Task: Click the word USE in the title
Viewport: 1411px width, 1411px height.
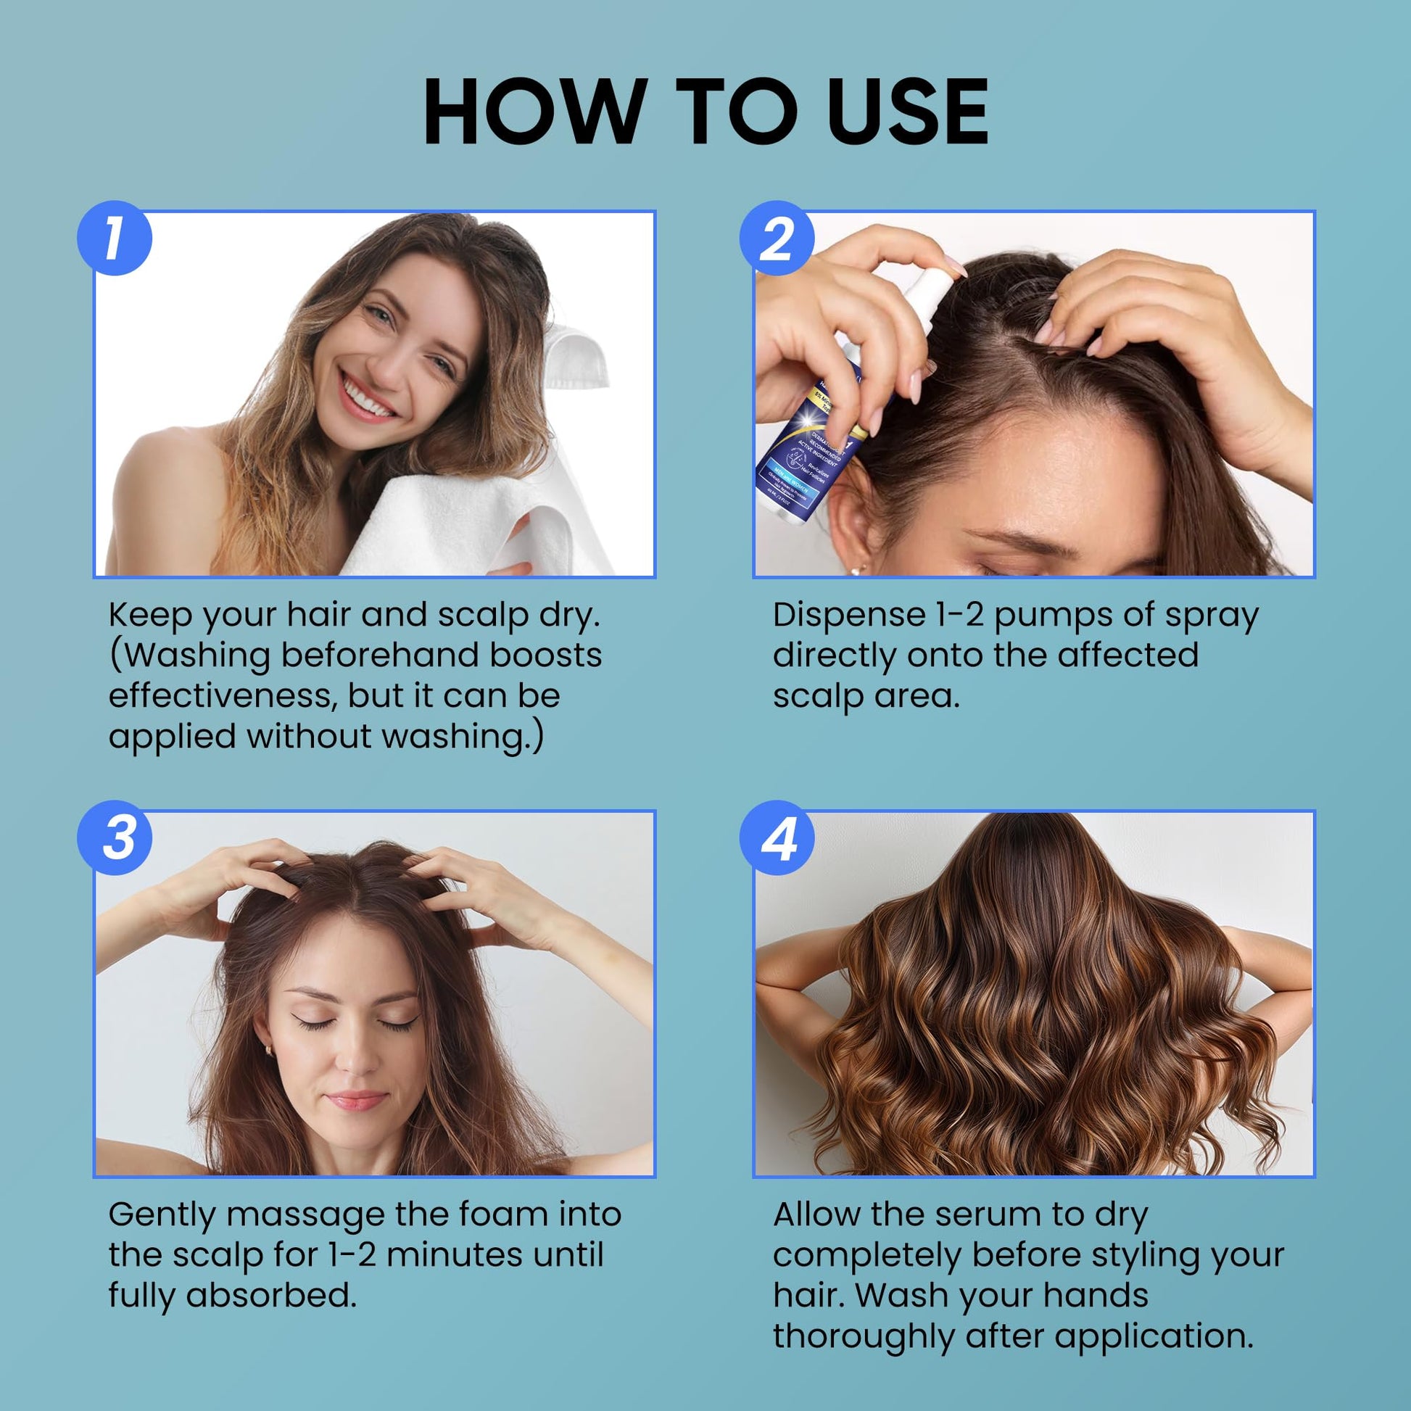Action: click(x=908, y=111)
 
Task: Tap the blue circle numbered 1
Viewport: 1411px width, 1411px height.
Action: click(x=115, y=238)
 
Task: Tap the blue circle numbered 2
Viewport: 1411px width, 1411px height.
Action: click(x=777, y=238)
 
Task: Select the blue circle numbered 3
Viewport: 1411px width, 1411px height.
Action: click(x=115, y=837)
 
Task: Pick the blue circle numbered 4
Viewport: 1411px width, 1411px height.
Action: click(x=777, y=837)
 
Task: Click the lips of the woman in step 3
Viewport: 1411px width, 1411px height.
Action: click(x=356, y=1100)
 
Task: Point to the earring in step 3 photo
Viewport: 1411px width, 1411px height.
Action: click(x=268, y=1051)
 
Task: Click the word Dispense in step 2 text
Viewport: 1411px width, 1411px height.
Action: click(x=848, y=615)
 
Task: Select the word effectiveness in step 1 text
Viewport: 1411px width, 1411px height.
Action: click(x=221, y=695)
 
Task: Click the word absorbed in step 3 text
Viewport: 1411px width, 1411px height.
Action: click(x=271, y=1295)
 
